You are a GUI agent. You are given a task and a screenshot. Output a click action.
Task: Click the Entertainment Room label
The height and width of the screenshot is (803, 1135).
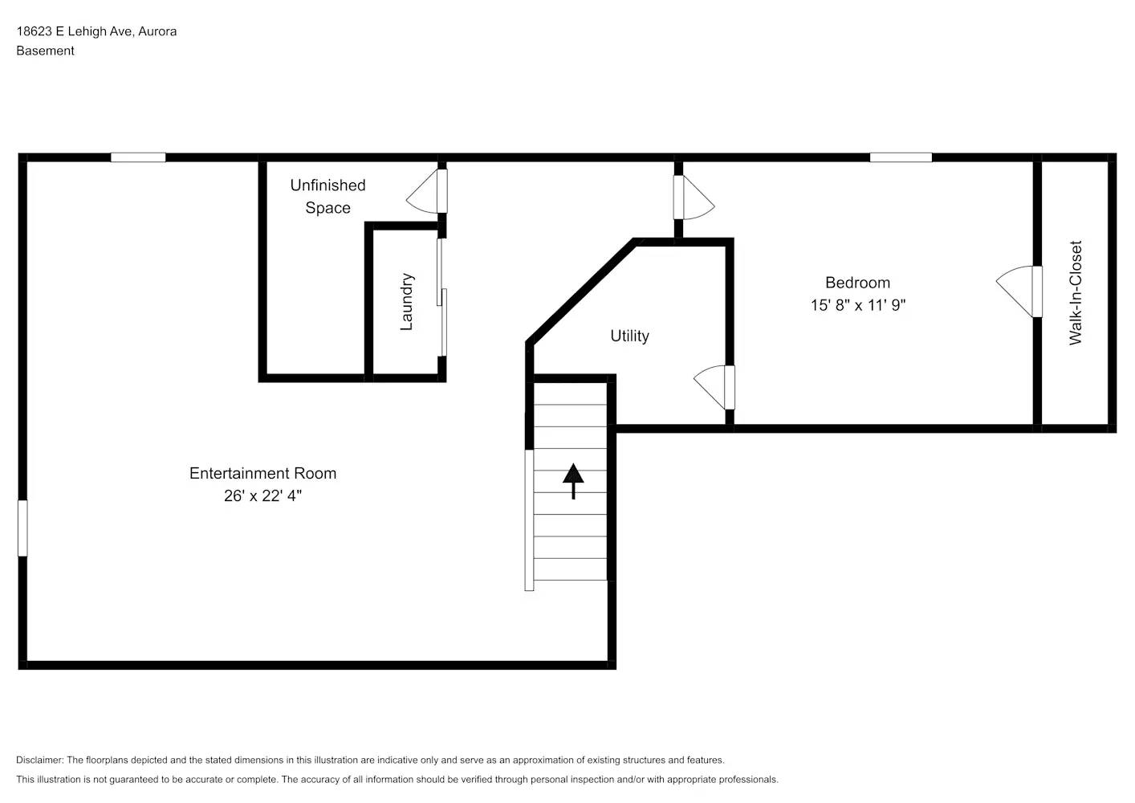pyautogui.click(x=262, y=473)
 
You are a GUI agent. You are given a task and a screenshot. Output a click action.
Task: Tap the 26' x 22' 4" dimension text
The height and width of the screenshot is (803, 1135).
pyautogui.click(x=262, y=495)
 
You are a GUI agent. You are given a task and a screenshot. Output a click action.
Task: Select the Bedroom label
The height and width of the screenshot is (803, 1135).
pyautogui.click(x=857, y=283)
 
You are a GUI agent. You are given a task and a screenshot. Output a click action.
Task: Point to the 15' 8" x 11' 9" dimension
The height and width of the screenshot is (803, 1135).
pyautogui.click(x=857, y=305)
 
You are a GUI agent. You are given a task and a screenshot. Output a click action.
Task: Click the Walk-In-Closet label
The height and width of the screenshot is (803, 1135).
pyautogui.click(x=1076, y=292)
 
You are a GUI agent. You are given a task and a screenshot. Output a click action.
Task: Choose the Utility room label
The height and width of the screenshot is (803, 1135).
pyautogui.click(x=629, y=336)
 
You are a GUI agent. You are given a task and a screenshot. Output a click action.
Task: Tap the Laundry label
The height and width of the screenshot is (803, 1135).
pyautogui.click(x=406, y=301)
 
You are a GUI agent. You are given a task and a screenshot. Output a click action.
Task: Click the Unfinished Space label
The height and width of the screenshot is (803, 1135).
pyautogui.click(x=327, y=196)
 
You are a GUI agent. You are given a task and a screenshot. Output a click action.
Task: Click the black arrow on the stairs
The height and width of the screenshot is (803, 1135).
pyautogui.click(x=573, y=480)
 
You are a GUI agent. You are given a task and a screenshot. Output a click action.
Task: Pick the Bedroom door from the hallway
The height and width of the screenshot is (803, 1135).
pyautogui.click(x=692, y=198)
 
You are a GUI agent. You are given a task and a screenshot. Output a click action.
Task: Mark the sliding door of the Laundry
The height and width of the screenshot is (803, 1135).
pyautogui.click(x=441, y=297)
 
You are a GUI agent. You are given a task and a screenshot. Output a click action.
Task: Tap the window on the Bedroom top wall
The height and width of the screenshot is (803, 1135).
pyautogui.click(x=901, y=157)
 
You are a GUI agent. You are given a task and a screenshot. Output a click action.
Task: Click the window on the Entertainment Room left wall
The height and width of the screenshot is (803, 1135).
pyautogui.click(x=22, y=528)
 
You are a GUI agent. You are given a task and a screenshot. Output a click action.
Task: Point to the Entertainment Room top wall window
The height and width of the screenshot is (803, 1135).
pyautogui.click(x=138, y=157)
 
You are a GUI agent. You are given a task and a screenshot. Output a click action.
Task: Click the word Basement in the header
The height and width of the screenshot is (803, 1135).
pyautogui.click(x=45, y=51)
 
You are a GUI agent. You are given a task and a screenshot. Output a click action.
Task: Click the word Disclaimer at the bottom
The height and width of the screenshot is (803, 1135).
pyautogui.click(x=39, y=760)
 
